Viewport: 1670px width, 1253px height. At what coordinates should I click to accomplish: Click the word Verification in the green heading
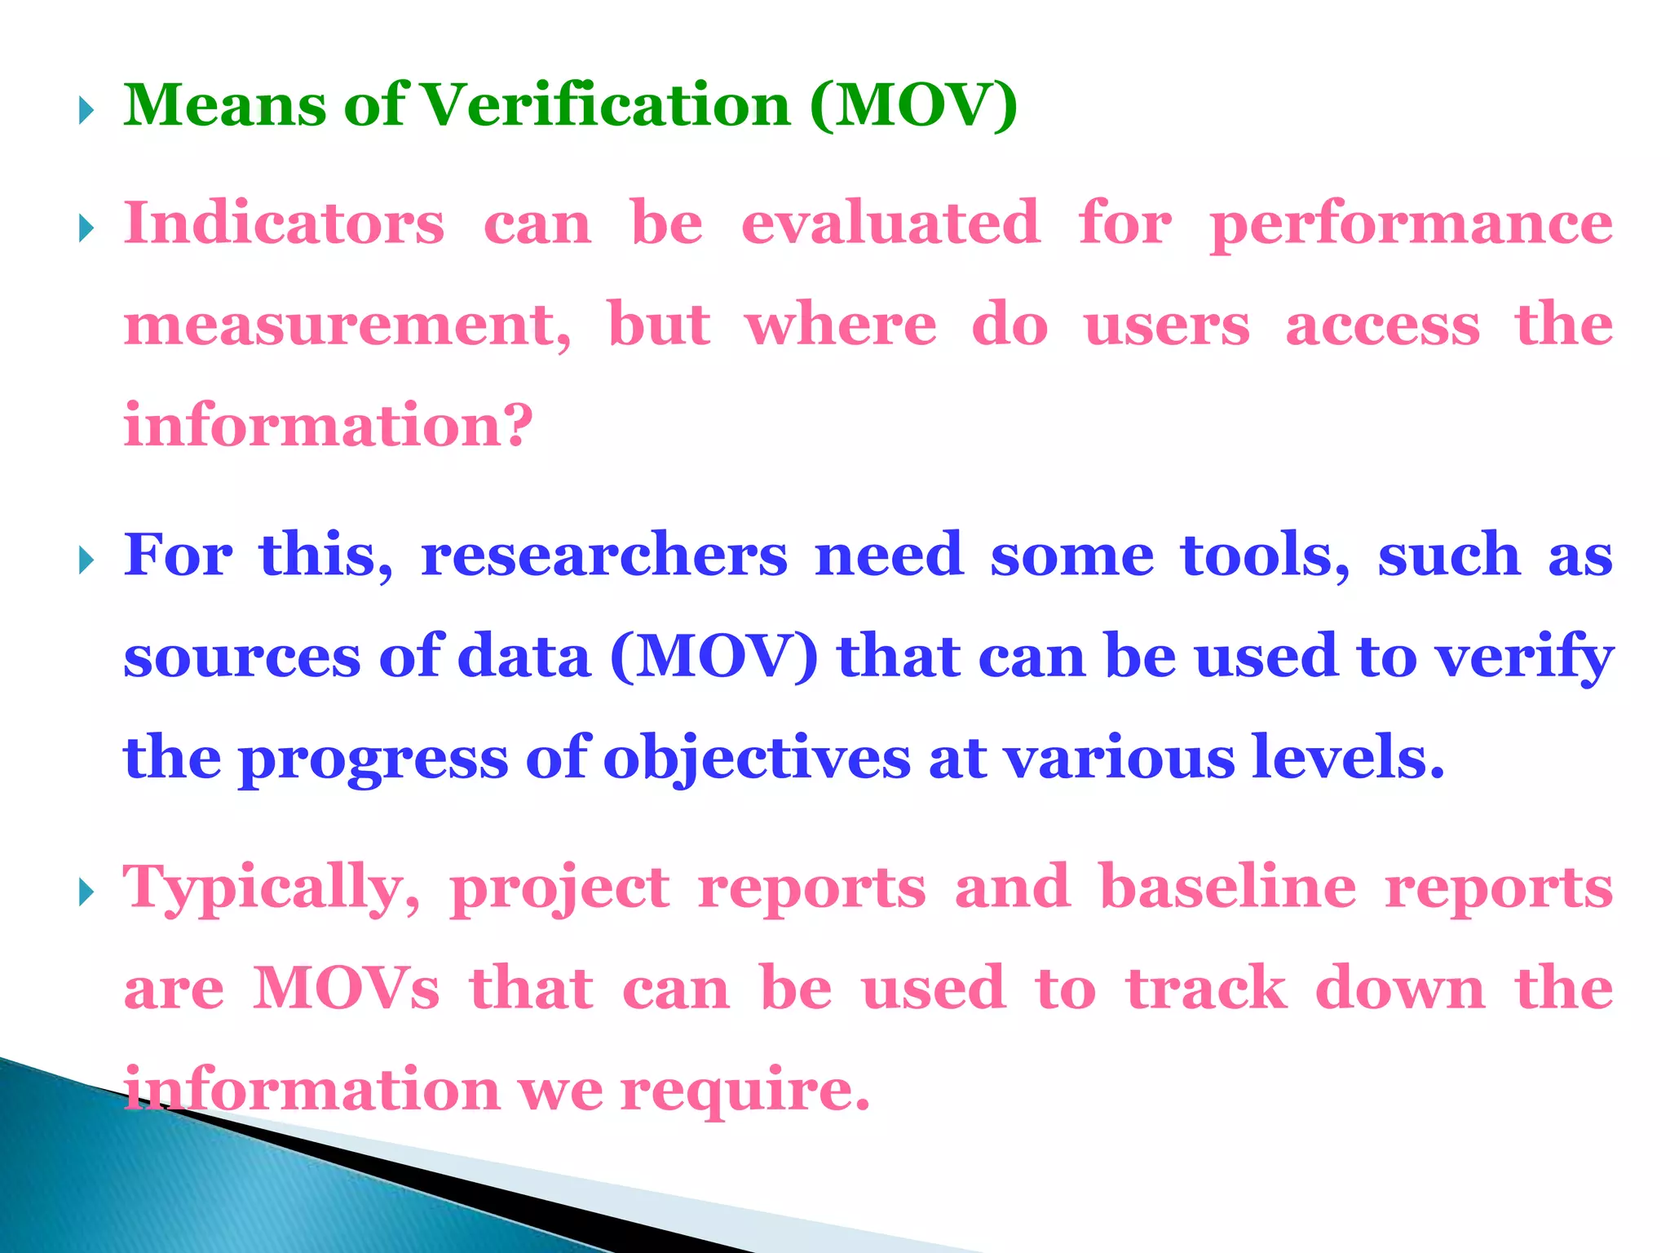pyautogui.click(x=607, y=106)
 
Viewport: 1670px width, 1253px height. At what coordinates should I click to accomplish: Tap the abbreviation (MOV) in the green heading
pyautogui.click(x=914, y=106)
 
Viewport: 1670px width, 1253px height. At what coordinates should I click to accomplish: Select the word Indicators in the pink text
pyautogui.click(x=284, y=223)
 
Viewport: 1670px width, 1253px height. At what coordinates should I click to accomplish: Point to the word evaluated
pyautogui.click(x=890, y=223)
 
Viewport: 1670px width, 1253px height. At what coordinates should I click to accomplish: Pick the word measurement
pyautogui.click(x=347, y=325)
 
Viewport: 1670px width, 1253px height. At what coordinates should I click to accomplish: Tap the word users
pyautogui.click(x=1166, y=325)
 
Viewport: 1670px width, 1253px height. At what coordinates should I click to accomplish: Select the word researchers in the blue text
pyautogui.click(x=604, y=556)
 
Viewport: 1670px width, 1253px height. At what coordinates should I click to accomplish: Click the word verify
pyautogui.click(x=1525, y=657)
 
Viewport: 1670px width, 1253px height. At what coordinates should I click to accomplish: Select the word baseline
pyautogui.click(x=1228, y=888)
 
